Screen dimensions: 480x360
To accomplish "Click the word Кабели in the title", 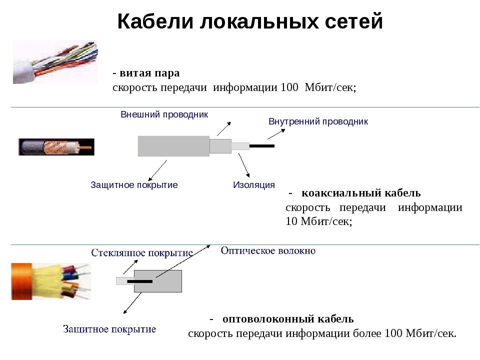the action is tap(155, 21).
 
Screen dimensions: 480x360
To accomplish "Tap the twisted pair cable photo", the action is tap(55, 62).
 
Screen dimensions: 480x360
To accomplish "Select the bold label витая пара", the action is tap(149, 73).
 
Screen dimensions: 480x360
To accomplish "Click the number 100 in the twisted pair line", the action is tap(289, 87).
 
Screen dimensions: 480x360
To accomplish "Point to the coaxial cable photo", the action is tap(56, 147).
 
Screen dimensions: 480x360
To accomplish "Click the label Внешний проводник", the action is tap(164, 114).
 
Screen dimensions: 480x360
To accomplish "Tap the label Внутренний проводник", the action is tap(318, 121).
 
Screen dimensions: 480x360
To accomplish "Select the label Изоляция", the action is tap(254, 185).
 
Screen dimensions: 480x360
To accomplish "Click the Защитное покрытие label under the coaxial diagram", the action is tap(134, 185).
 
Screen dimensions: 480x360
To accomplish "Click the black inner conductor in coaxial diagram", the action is tap(261, 146).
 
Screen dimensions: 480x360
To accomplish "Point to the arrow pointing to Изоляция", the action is tap(244, 165).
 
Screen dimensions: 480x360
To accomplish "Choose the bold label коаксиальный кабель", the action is tap(361, 193).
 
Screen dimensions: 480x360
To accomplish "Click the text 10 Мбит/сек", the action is tap(318, 221).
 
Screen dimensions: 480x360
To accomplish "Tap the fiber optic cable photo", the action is tap(51, 281).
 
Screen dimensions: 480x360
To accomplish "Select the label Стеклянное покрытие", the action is tap(142, 253).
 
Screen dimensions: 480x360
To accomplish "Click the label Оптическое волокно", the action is tap(268, 250).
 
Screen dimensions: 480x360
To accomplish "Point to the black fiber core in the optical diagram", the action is tap(140, 281).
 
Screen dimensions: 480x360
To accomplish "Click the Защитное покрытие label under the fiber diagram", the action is tap(109, 329).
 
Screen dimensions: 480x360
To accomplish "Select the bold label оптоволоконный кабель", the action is tap(288, 319).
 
